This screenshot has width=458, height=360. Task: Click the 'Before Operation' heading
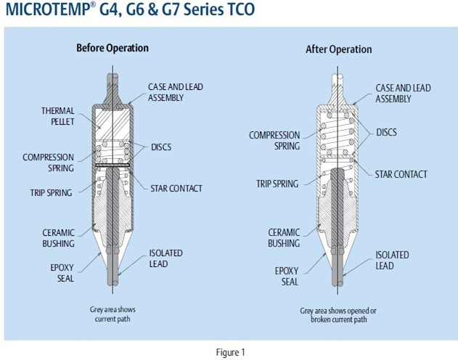point(113,48)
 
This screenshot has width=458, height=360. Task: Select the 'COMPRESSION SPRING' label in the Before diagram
point(48,162)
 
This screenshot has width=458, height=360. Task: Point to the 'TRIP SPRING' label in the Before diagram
point(52,192)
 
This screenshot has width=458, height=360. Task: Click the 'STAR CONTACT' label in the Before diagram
point(176,189)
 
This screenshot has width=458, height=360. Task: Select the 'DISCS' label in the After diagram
point(386,132)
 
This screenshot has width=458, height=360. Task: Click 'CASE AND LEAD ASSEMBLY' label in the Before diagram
point(174,92)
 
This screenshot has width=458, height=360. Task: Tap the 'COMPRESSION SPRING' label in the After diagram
point(274,139)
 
